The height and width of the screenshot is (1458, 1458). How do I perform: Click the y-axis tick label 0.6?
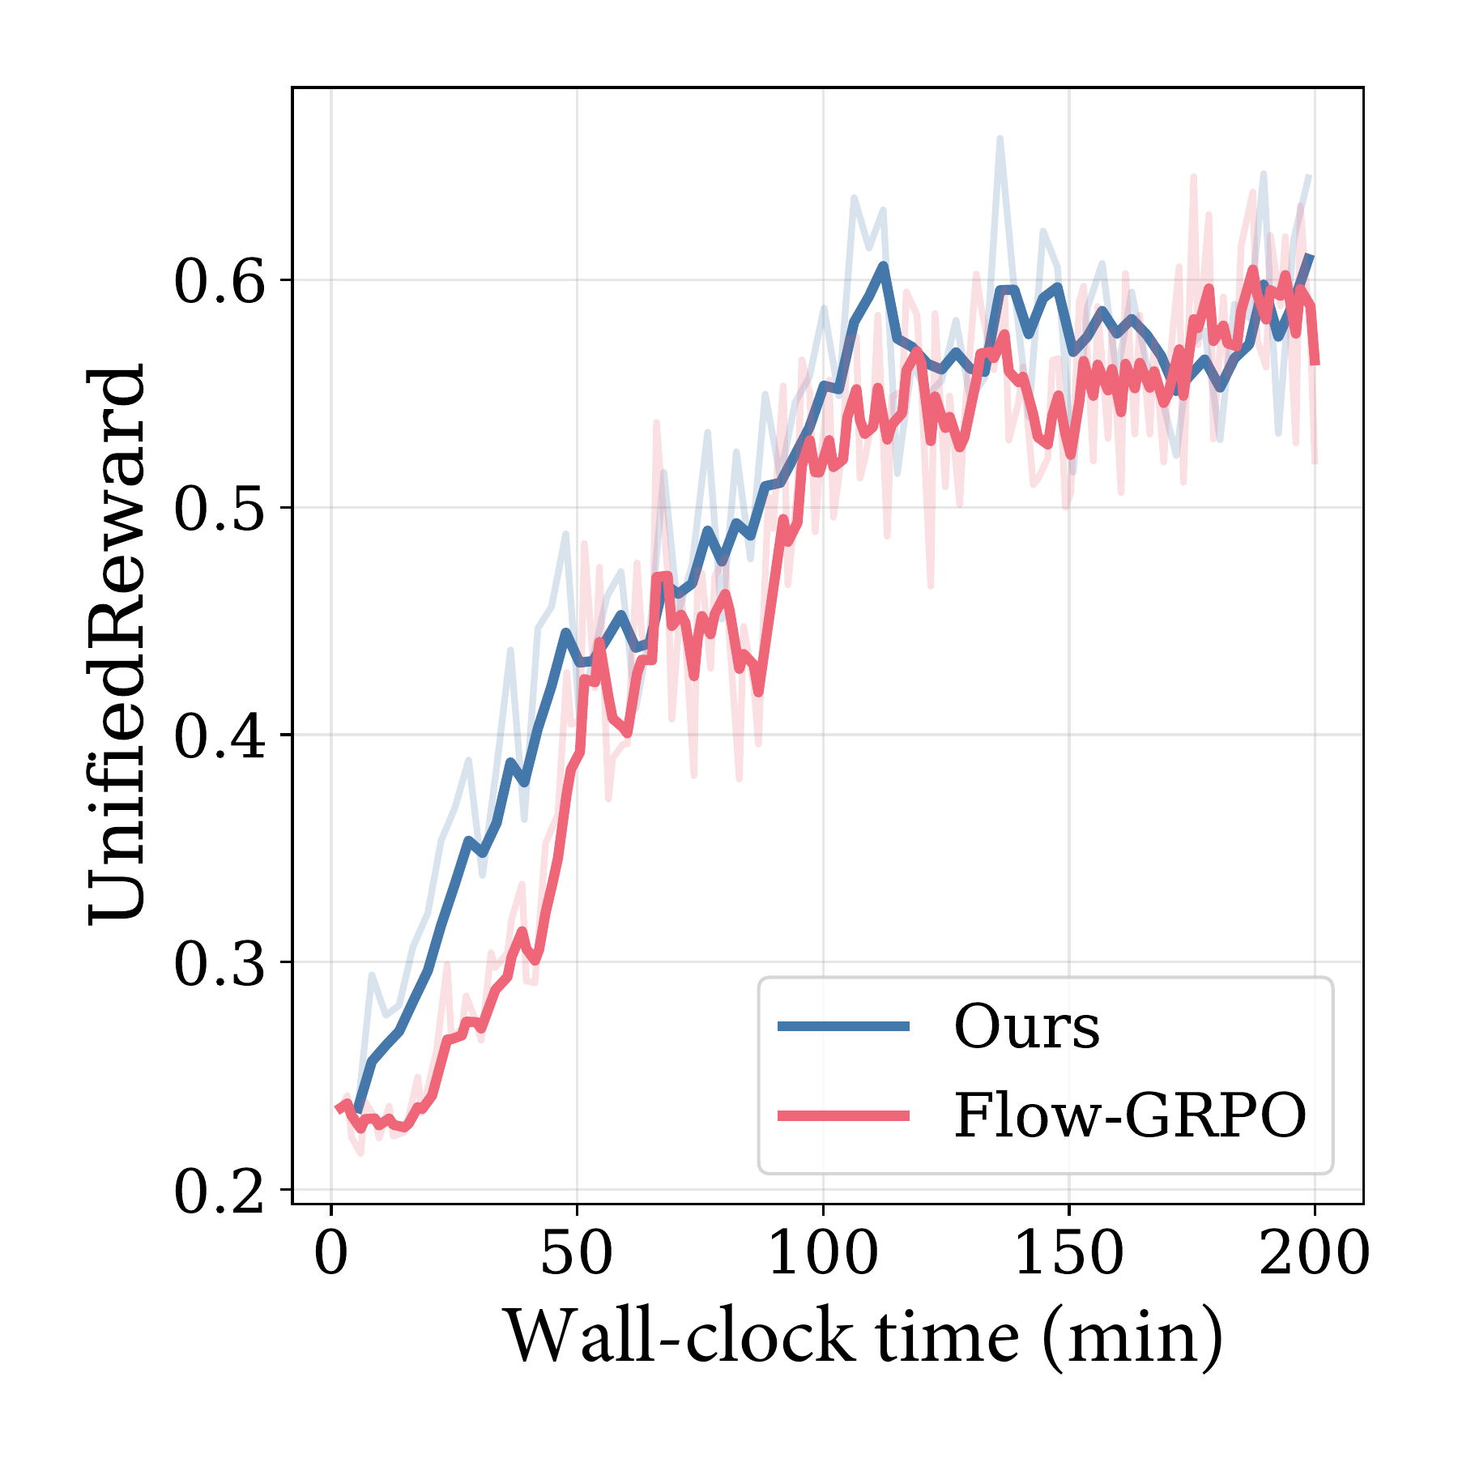(220, 281)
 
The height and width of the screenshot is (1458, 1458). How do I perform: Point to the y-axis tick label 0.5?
(220, 509)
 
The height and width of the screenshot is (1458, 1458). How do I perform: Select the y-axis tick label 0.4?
(220, 735)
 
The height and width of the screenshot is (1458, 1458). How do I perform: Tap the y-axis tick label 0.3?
(220, 963)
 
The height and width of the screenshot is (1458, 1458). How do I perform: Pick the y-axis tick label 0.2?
(220, 1190)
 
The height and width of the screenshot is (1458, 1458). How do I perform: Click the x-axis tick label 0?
(330, 1253)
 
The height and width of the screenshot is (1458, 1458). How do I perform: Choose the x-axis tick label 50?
(577, 1253)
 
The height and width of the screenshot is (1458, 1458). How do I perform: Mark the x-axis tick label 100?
(823, 1253)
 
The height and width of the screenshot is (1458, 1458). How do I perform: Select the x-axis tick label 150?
(1069, 1253)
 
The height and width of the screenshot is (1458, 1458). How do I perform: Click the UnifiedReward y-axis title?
(117, 644)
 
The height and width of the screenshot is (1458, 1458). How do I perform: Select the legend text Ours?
(1027, 1026)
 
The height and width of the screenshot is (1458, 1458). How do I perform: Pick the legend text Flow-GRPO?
(1130, 1115)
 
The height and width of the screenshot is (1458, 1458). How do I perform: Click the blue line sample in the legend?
(843, 1026)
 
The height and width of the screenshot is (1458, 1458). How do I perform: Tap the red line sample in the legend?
(843, 1115)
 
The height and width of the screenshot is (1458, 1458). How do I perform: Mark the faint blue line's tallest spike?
(1000, 139)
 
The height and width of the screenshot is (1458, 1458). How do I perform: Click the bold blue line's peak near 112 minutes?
(884, 266)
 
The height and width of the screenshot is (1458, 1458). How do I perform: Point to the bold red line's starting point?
(338, 1109)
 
